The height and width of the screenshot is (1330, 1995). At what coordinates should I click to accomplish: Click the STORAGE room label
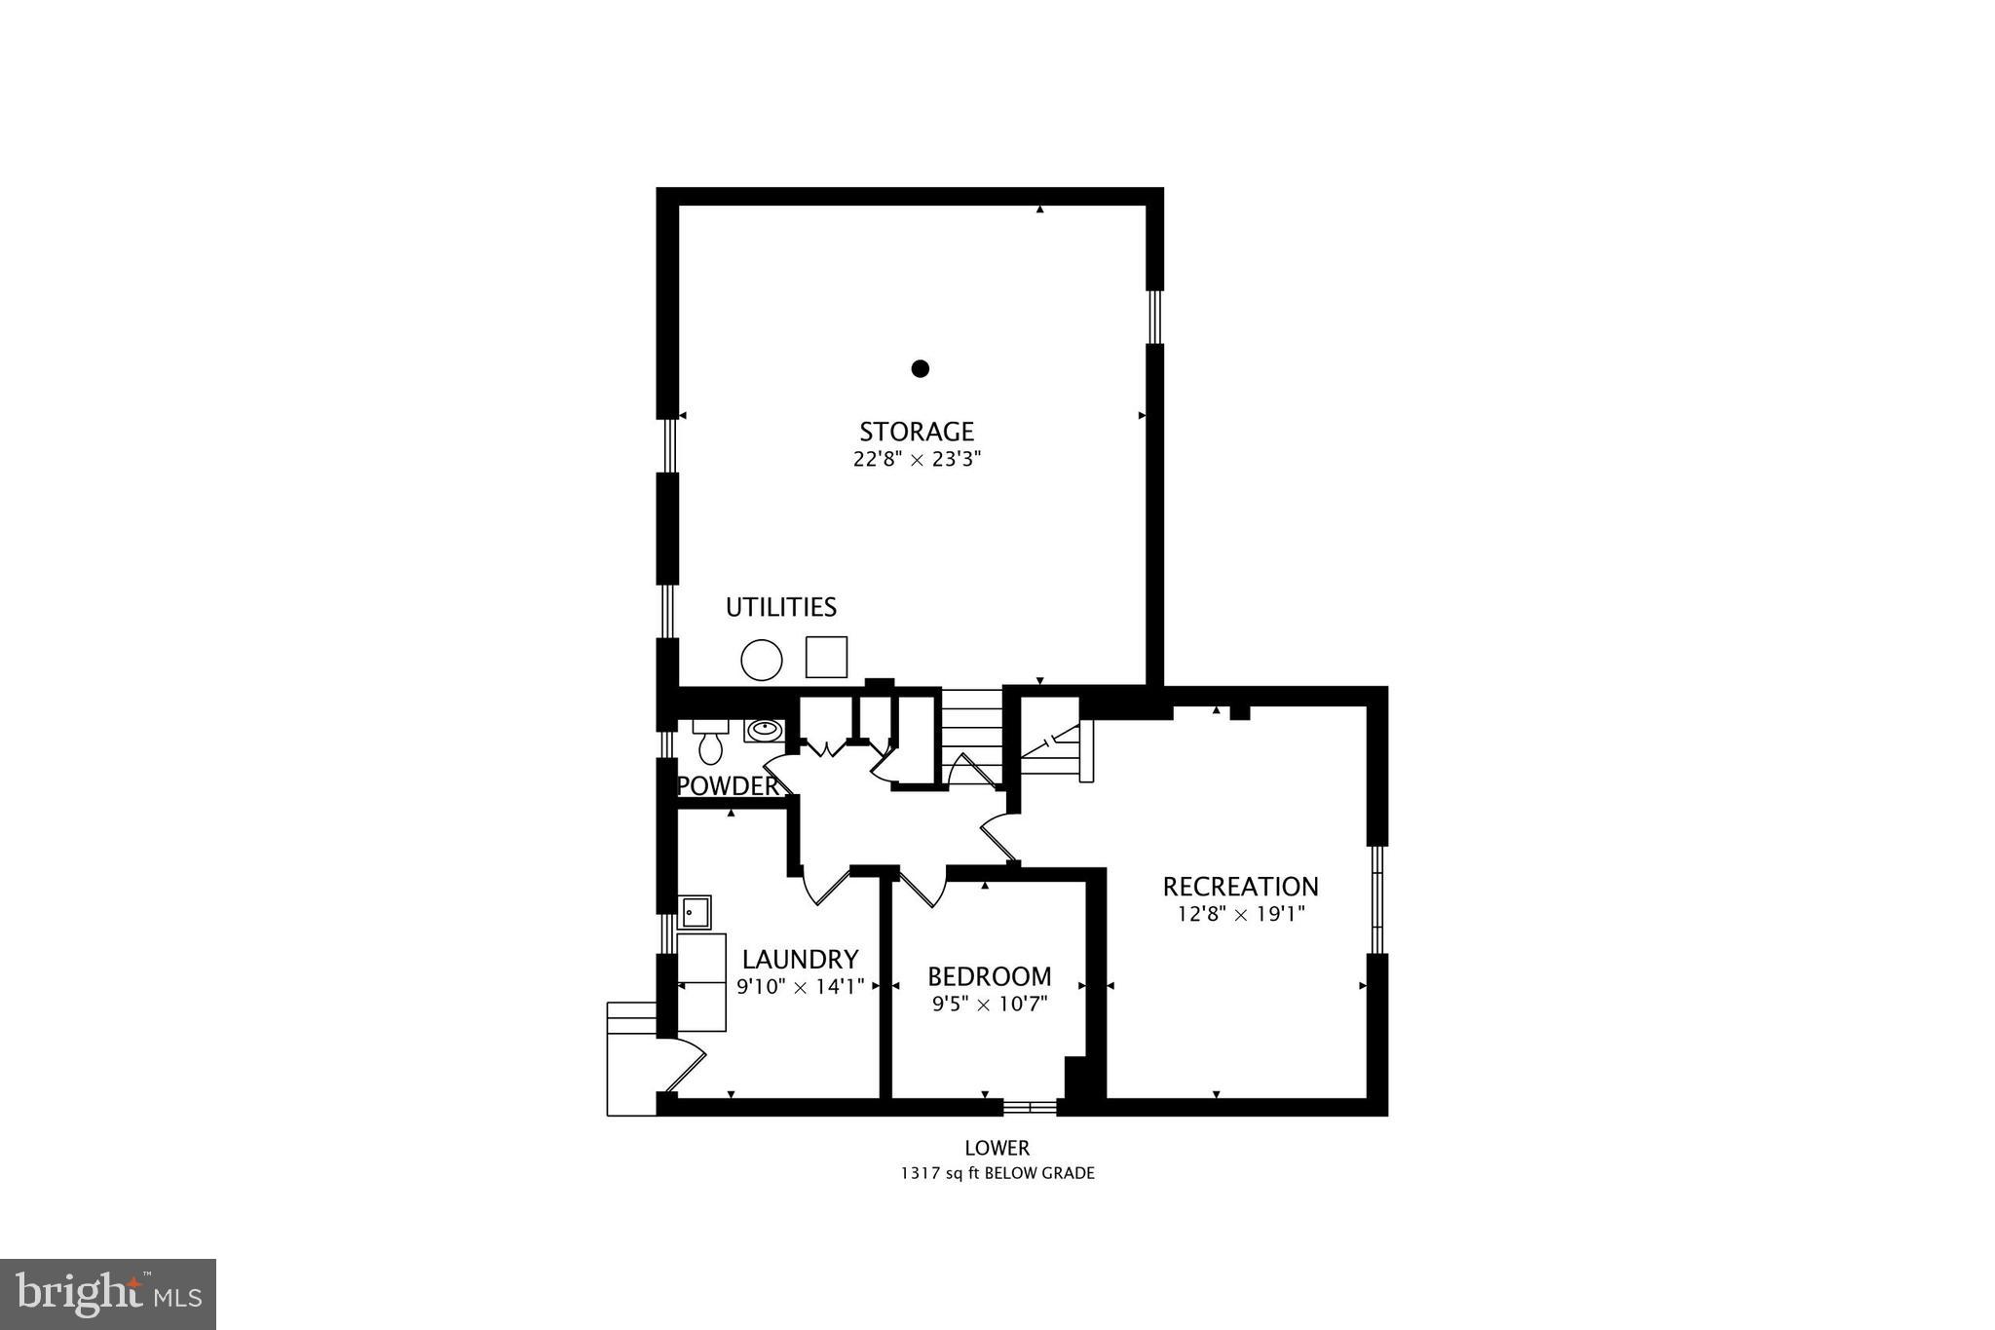(x=916, y=431)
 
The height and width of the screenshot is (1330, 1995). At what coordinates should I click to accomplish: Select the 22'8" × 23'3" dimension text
(x=916, y=460)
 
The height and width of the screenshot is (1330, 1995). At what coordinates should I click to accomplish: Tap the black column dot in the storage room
(x=920, y=368)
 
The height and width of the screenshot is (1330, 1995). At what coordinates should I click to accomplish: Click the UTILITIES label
(x=780, y=607)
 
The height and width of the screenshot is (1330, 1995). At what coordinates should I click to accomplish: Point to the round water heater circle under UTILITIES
(x=761, y=660)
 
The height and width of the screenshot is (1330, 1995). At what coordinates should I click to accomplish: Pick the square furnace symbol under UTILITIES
(x=826, y=657)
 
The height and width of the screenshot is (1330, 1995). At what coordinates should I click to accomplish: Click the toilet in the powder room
(x=711, y=744)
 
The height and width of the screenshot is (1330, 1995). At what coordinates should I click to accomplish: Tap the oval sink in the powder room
(x=764, y=729)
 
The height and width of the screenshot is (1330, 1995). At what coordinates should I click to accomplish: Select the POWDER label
(x=729, y=786)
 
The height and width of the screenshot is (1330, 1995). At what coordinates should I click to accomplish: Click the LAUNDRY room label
(x=800, y=960)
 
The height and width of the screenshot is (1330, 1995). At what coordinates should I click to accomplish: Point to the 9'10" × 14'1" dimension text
(x=800, y=987)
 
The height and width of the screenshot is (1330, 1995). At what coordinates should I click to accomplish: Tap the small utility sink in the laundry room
(x=695, y=912)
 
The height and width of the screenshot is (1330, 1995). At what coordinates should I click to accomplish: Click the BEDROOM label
(x=989, y=976)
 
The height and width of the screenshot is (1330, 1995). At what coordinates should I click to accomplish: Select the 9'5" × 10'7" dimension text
(x=989, y=1005)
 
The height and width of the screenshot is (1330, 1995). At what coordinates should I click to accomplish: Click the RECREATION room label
(x=1240, y=887)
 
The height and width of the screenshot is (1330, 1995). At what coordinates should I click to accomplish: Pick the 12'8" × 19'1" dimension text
(x=1240, y=915)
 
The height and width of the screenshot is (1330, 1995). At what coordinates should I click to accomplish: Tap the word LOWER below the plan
(x=997, y=1149)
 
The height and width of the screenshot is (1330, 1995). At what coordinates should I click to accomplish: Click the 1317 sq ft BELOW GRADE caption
(x=997, y=1173)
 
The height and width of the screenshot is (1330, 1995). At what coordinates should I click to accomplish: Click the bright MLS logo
(x=108, y=1294)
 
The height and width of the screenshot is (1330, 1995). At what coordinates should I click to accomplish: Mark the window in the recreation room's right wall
(x=1376, y=899)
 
